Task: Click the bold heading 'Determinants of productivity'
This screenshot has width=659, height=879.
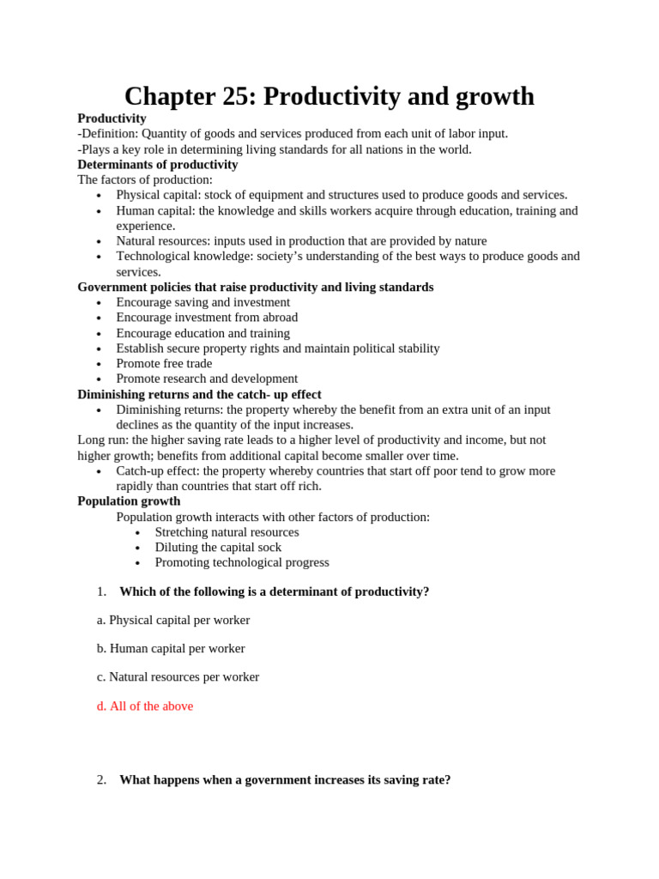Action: [x=158, y=164]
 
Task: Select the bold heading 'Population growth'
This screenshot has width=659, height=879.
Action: [x=129, y=500]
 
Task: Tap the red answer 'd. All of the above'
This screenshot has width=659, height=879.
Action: [x=145, y=706]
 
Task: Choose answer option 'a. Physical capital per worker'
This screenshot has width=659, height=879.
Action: [x=173, y=620]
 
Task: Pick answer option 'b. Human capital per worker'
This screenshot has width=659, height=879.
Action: [x=171, y=648]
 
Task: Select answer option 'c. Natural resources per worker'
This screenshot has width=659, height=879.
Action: [x=178, y=676]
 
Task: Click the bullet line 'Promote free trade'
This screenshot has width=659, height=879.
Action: [x=164, y=363]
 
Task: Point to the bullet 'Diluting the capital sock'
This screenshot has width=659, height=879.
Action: [x=218, y=547]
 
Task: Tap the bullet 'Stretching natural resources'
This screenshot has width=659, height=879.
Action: [x=227, y=531]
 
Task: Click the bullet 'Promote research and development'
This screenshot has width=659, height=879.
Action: [x=207, y=379]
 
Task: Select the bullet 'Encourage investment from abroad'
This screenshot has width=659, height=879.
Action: [x=207, y=317]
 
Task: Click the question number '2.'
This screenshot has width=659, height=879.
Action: [x=101, y=779]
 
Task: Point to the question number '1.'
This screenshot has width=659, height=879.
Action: [x=101, y=591]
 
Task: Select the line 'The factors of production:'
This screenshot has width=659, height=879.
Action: [x=145, y=179]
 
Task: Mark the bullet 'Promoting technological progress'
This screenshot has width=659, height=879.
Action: [x=242, y=562]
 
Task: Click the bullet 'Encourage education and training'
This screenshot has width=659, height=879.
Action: [x=203, y=333]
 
